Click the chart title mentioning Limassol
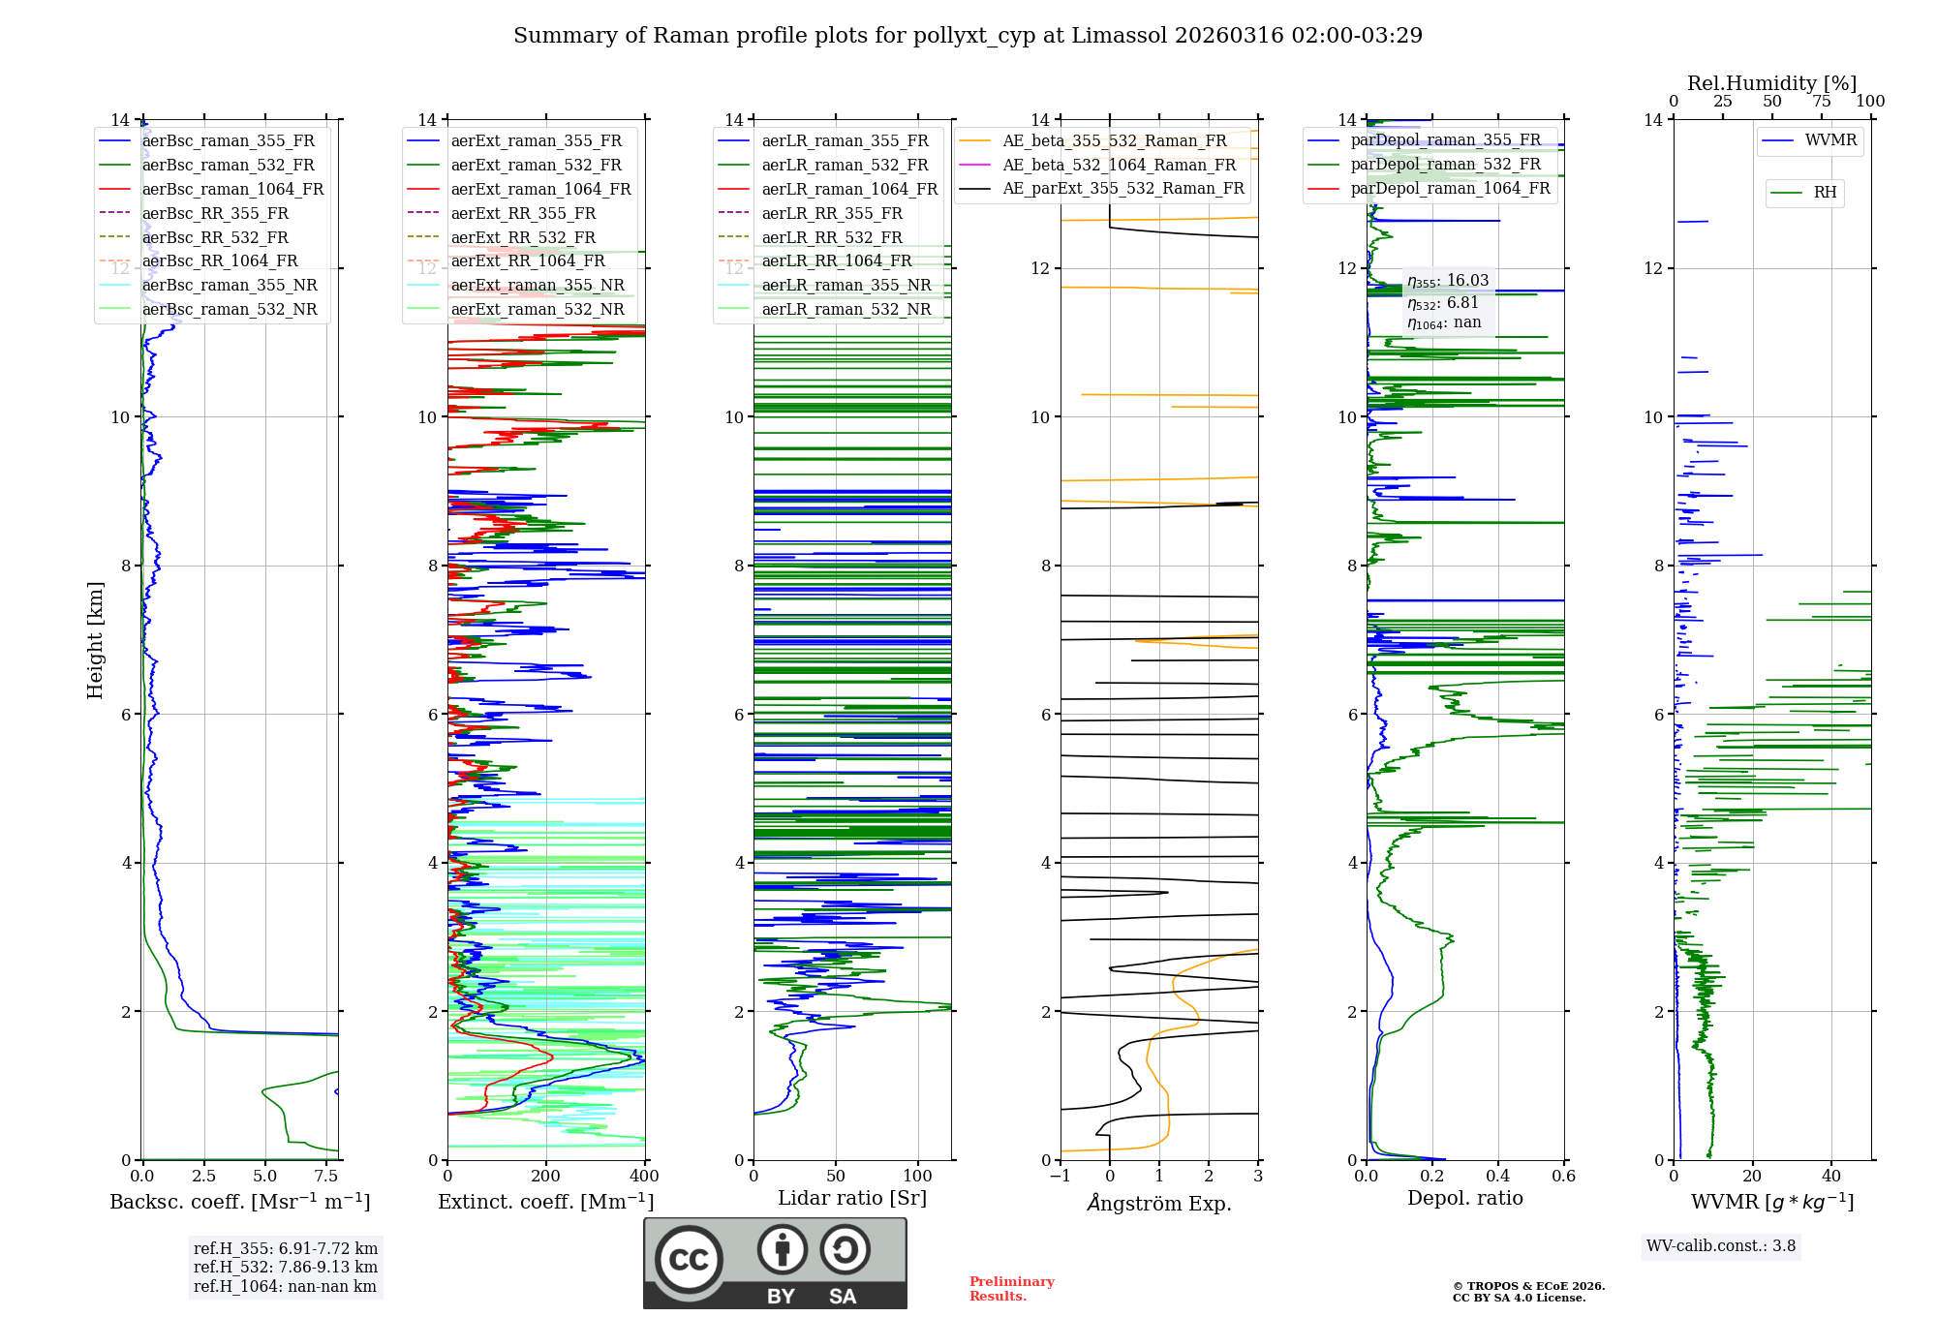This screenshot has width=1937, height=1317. pyautogui.click(x=968, y=36)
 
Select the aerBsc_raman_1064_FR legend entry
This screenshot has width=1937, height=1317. pyautogui.click(x=232, y=189)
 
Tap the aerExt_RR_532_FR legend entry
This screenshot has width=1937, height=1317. pyautogui.click(x=523, y=237)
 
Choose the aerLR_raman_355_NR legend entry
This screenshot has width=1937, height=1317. pyautogui.click(x=846, y=285)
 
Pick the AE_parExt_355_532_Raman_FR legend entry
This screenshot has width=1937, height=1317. pyautogui.click(x=1122, y=188)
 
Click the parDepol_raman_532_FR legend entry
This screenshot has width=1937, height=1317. pyautogui.click(x=1445, y=164)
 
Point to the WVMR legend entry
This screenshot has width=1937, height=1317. pyautogui.click(x=1830, y=140)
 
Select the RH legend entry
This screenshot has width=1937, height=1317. pyautogui.click(x=1825, y=193)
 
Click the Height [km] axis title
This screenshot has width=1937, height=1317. pyautogui.click(x=95, y=639)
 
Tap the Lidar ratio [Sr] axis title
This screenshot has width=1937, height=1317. pyautogui.click(x=852, y=1198)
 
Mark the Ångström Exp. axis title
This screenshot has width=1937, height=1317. pyautogui.click(x=1159, y=1203)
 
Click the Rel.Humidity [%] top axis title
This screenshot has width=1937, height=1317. pyautogui.click(x=1771, y=83)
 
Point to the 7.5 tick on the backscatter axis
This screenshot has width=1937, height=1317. pyautogui.click(x=326, y=1176)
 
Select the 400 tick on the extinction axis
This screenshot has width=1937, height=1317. pyautogui.click(x=644, y=1176)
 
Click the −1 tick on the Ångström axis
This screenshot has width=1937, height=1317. pyautogui.click(x=1060, y=1176)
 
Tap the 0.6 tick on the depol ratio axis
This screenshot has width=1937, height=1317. pyautogui.click(x=1563, y=1176)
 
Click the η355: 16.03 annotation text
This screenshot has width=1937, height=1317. pyautogui.click(x=1448, y=281)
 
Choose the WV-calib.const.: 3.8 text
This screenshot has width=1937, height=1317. pyautogui.click(x=1720, y=1245)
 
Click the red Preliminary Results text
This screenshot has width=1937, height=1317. pyautogui.click(x=1011, y=1288)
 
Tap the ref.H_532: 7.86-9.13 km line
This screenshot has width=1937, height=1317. pyautogui.click(x=286, y=1267)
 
